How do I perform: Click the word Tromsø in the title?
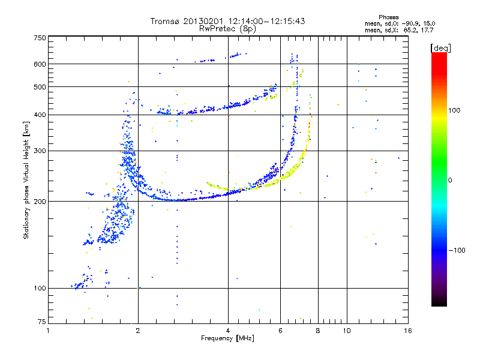click(x=167, y=21)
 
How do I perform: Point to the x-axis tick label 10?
click(x=347, y=331)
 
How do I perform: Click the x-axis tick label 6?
click(x=280, y=331)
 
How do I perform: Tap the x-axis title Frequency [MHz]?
click(x=227, y=339)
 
